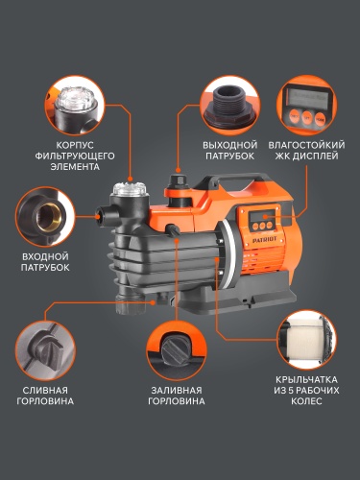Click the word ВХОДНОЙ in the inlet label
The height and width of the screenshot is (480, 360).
tap(45, 256)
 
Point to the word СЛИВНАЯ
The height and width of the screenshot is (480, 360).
tap(45, 390)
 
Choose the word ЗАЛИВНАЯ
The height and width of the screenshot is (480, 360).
tap(176, 390)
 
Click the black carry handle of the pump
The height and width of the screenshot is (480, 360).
tap(223, 184)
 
